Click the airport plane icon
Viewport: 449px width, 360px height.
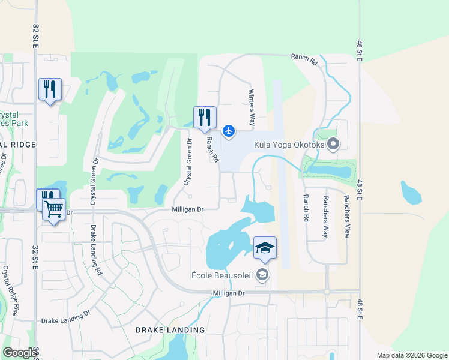229,130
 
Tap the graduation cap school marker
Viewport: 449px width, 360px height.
265,248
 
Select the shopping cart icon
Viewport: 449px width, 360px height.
54,210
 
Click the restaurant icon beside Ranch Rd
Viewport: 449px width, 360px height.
205,117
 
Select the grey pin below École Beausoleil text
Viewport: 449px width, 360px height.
262,275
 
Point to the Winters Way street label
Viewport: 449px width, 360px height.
252,104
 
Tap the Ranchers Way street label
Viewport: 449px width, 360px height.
325,217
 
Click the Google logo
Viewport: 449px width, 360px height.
20,353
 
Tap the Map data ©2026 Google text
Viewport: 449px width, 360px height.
412,355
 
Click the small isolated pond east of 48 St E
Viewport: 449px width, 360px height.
411,193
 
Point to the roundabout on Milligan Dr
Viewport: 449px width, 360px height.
327,292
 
